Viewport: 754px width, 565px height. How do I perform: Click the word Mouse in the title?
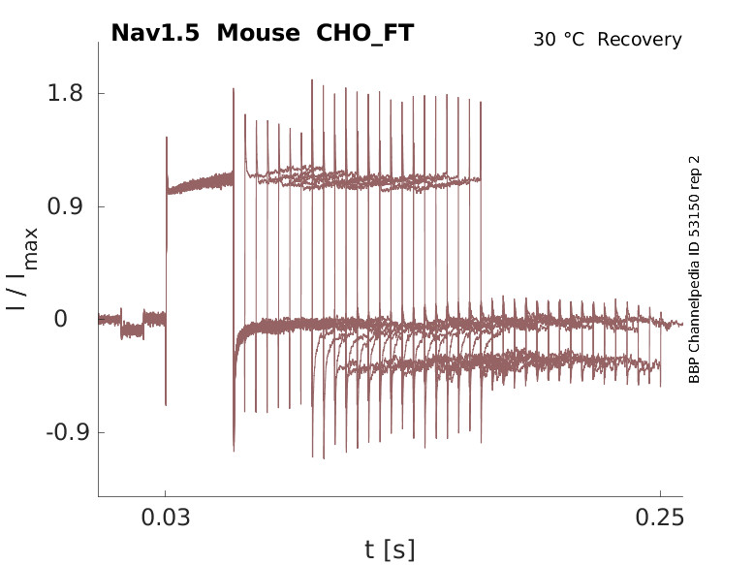pos(259,33)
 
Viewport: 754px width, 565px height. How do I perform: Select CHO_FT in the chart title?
pos(365,33)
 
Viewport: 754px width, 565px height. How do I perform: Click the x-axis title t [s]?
pos(390,549)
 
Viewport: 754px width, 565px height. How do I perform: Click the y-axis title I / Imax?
pos(23,268)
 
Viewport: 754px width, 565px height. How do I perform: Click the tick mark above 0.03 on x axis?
pos(166,493)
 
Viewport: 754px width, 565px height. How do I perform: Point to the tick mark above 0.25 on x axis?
pos(660,493)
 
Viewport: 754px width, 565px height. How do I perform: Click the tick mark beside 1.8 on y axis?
pos(102,94)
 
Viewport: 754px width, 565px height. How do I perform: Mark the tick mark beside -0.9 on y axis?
pos(102,431)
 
